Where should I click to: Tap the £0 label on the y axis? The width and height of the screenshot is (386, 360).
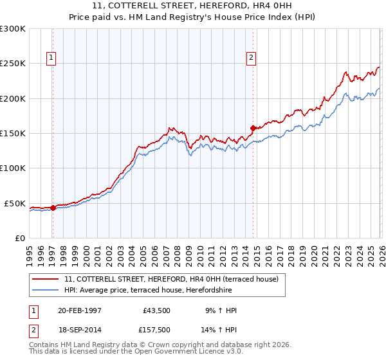20,238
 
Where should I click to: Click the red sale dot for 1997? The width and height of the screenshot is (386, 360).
53,208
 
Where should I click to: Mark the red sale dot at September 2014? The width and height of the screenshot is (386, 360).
253,128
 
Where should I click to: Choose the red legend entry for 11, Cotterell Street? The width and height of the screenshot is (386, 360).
171,279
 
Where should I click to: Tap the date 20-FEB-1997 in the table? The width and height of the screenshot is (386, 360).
80,310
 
